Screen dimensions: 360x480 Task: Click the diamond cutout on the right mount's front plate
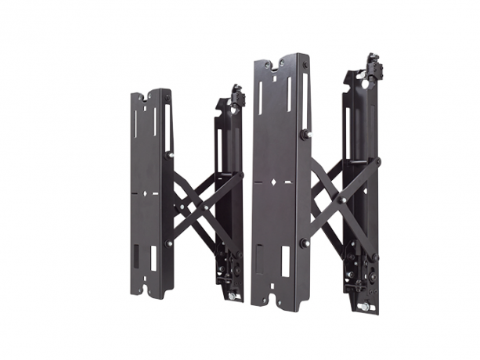[x=275, y=182]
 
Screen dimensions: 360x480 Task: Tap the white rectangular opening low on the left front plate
[x=154, y=255]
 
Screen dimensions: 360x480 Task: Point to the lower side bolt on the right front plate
[x=304, y=243]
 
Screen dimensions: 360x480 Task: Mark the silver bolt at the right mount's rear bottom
[x=363, y=308]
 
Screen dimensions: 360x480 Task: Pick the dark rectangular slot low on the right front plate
[x=260, y=256]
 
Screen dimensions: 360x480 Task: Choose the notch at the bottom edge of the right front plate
[x=276, y=301]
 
